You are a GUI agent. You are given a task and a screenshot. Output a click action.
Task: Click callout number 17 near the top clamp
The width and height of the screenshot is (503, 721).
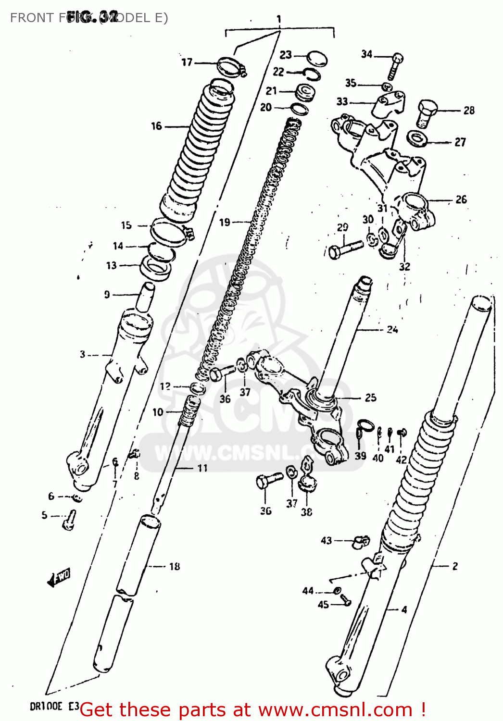coord(187,62)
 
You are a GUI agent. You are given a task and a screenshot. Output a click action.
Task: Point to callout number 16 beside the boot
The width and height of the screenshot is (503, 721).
coord(156,126)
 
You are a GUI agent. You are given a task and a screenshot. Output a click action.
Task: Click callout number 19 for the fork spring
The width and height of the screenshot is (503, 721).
coord(225,222)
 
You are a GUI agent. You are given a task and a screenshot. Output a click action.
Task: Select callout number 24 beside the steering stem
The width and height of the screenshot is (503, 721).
coord(392,329)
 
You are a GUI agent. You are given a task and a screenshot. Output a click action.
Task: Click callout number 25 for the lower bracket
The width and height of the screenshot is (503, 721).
coord(370,398)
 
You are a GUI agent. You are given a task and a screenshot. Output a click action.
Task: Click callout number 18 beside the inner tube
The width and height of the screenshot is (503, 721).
coord(175,566)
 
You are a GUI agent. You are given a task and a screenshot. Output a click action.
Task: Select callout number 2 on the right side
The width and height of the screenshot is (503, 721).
coord(454,566)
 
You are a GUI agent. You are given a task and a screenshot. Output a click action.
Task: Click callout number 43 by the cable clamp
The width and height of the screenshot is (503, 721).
coord(326,540)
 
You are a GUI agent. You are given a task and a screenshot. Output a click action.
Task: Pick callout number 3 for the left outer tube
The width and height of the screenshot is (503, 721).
coord(82,354)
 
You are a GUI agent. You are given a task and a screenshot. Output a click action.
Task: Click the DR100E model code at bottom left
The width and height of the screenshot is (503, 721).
coord(46,706)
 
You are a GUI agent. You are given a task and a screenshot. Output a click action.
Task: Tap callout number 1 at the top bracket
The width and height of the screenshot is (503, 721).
coord(279,19)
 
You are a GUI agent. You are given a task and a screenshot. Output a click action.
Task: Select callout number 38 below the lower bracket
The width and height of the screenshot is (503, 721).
coord(306,512)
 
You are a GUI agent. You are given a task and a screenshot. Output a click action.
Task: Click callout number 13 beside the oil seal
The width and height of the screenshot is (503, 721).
coord(111,265)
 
